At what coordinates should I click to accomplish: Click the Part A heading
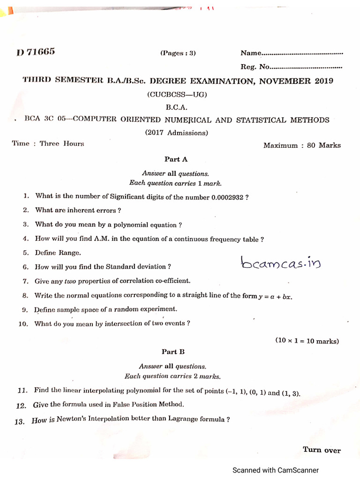pyautogui.click(x=176, y=159)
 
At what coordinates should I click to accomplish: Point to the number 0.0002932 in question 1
pyautogui.click(x=227, y=197)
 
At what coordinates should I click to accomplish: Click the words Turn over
pyautogui.click(x=322, y=450)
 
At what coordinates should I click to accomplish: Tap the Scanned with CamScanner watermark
pyautogui.click(x=276, y=470)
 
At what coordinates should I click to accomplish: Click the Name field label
pyautogui.click(x=250, y=53)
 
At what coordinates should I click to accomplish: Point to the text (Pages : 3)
pyautogui.click(x=178, y=53)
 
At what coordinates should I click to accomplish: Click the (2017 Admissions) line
pyautogui.click(x=176, y=133)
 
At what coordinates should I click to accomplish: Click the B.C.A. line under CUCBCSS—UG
pyautogui.click(x=176, y=107)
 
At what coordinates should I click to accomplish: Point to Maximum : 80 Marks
pyautogui.click(x=302, y=145)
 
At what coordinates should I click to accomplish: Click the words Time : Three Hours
pyautogui.click(x=48, y=144)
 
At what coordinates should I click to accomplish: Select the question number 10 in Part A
pyautogui.click(x=24, y=324)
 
